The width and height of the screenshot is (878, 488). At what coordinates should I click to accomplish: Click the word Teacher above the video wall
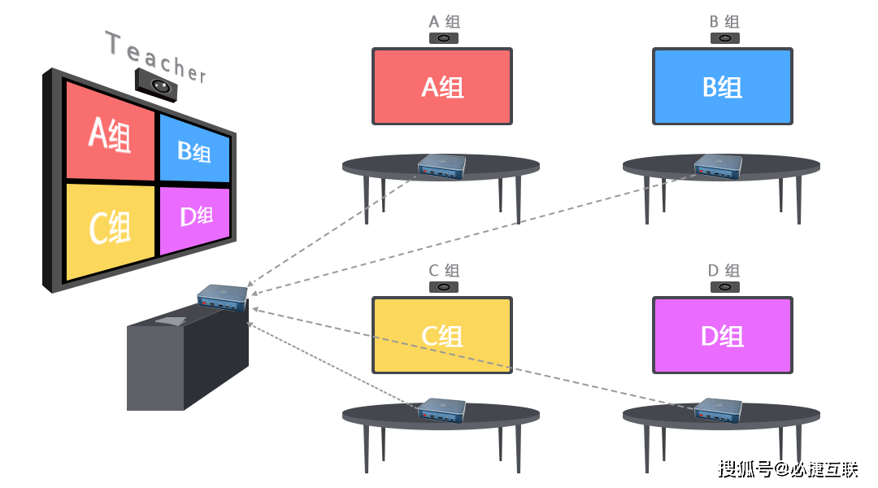click(155, 57)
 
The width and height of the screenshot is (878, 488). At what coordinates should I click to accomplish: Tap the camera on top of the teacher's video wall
click(156, 85)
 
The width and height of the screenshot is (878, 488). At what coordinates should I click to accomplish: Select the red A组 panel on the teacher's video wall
click(111, 133)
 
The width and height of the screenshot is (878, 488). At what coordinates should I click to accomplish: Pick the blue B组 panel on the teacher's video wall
click(194, 149)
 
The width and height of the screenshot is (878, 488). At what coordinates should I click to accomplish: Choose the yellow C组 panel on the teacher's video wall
click(111, 229)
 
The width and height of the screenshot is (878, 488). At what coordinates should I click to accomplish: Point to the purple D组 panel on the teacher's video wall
click(195, 219)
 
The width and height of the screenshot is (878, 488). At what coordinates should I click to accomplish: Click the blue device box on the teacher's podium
click(223, 297)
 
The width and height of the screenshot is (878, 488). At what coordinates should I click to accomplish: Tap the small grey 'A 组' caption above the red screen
click(444, 22)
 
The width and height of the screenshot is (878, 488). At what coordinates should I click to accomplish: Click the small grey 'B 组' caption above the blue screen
click(724, 22)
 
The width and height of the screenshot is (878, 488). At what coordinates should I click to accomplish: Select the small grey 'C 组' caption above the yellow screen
click(444, 271)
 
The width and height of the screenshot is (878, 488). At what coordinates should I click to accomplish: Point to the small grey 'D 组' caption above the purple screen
click(724, 271)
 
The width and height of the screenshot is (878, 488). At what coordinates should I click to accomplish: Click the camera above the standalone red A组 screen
click(444, 38)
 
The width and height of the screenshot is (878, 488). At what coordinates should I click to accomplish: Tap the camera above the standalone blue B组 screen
click(724, 38)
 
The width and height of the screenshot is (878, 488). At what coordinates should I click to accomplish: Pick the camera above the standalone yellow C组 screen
click(444, 287)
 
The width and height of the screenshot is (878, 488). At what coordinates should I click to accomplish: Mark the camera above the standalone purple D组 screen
click(724, 287)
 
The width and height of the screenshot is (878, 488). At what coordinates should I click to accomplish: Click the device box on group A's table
click(441, 167)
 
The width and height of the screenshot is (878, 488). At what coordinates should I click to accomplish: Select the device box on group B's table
click(719, 167)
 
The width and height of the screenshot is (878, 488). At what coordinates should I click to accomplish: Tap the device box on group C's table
click(441, 410)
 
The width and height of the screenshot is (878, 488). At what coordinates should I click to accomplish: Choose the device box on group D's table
click(719, 410)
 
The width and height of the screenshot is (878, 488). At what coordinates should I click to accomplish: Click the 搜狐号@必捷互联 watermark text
click(788, 469)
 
